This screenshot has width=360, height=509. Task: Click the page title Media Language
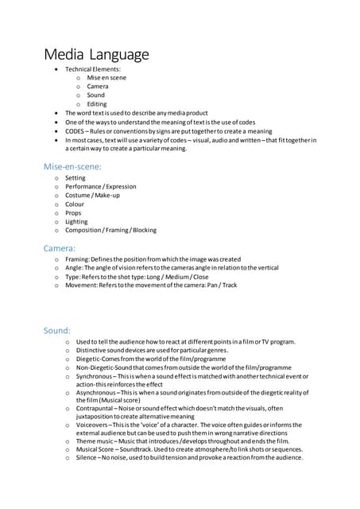point(96,54)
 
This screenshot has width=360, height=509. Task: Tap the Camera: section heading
point(60,248)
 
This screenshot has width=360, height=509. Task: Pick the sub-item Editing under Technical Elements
point(95,104)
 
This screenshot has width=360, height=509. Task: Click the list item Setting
point(75,178)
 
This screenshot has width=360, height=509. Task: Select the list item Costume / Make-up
point(92,196)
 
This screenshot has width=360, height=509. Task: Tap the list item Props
point(74,213)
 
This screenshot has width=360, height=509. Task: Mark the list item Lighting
point(77,222)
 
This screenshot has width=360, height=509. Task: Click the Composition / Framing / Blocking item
point(110,231)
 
